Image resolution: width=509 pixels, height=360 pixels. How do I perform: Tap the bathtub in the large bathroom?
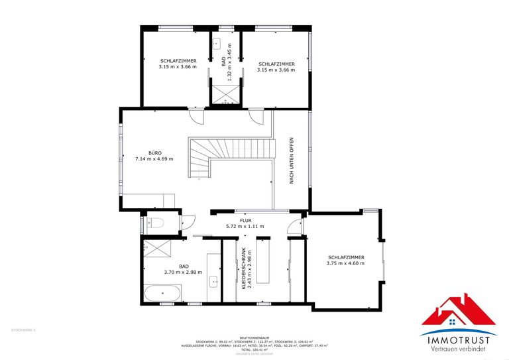(x=162, y=293)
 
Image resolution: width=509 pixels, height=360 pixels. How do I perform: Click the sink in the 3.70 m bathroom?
(x=214, y=281)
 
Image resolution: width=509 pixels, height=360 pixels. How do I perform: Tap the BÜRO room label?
(x=153, y=152)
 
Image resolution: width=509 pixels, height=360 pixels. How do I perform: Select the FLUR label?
(x=245, y=220)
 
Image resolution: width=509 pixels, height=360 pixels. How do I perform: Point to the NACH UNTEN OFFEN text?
(x=291, y=161)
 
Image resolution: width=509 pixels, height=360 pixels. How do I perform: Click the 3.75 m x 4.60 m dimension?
(x=345, y=263)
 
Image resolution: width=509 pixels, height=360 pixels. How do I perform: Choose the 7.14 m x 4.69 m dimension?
(x=153, y=159)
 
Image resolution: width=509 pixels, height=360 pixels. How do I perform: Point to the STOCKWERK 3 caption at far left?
(x=23, y=330)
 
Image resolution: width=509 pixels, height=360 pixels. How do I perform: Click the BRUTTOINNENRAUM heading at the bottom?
(x=254, y=336)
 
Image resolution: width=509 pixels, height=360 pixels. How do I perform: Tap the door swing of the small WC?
(x=188, y=223)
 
